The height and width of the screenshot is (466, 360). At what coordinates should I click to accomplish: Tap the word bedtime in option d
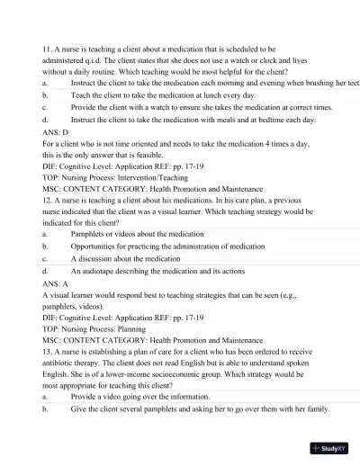(251, 118)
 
